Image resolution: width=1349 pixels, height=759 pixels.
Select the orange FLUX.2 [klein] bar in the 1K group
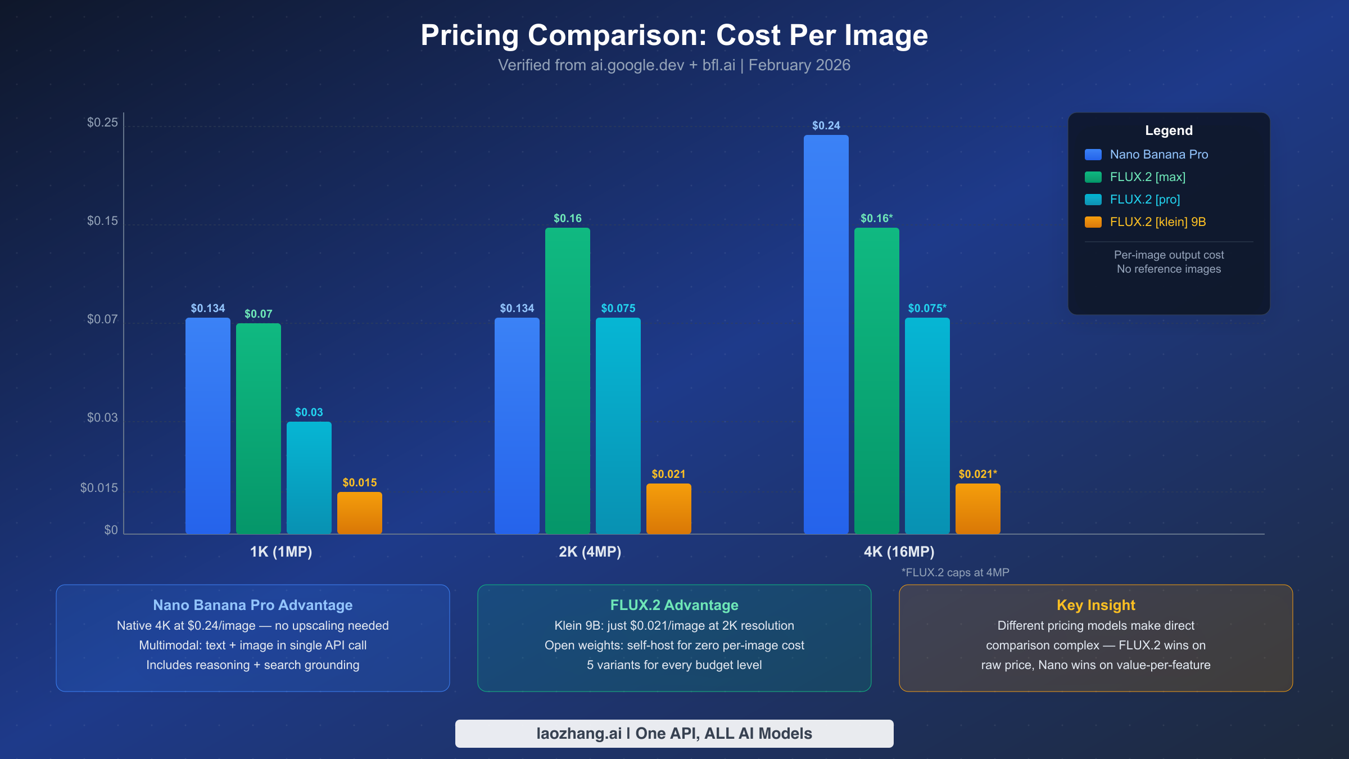(x=359, y=513)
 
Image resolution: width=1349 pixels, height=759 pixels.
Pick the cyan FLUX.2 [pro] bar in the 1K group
(x=309, y=478)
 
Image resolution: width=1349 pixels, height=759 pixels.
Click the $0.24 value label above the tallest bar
(x=826, y=125)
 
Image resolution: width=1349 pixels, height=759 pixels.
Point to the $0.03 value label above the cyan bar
(x=309, y=412)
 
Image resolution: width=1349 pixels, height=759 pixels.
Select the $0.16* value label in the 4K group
(x=876, y=218)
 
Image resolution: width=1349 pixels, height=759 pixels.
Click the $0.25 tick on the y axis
(x=102, y=123)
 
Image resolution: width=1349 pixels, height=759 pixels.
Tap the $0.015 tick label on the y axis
(x=99, y=488)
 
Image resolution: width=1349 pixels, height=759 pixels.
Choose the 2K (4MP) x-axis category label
(x=590, y=552)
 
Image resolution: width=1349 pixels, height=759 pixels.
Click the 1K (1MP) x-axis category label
(x=280, y=552)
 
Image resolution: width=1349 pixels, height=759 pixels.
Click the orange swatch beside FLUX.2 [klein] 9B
(x=1093, y=222)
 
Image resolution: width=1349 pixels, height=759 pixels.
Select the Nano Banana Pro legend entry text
(x=1158, y=155)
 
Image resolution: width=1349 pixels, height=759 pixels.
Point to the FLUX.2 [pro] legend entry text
(x=1144, y=200)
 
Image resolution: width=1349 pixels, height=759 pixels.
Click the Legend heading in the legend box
(x=1169, y=130)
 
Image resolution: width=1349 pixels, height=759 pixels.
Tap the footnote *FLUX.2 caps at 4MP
(x=955, y=572)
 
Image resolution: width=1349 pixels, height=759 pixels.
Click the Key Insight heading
(x=1096, y=605)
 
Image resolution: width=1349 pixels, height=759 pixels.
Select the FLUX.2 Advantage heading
(x=674, y=605)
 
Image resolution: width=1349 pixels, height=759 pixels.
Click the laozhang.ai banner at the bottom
(x=674, y=734)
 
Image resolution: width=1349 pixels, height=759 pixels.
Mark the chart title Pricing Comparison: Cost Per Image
(x=674, y=35)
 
